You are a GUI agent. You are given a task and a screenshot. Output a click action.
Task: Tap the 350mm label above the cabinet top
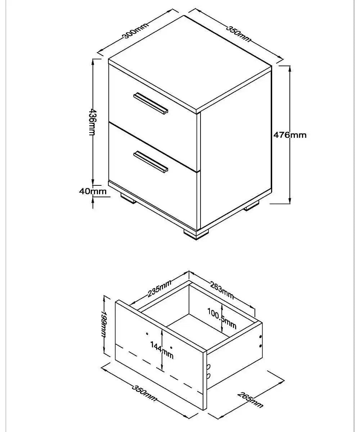tap(238, 33)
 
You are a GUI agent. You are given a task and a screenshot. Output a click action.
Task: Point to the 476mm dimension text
tap(290, 135)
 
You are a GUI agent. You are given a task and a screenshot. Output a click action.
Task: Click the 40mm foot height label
tap(93, 191)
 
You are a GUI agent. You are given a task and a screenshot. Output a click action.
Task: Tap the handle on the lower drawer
tap(151, 161)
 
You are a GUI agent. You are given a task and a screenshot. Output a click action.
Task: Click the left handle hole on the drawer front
tap(147, 334)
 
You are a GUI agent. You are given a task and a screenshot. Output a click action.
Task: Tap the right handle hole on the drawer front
tap(171, 348)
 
